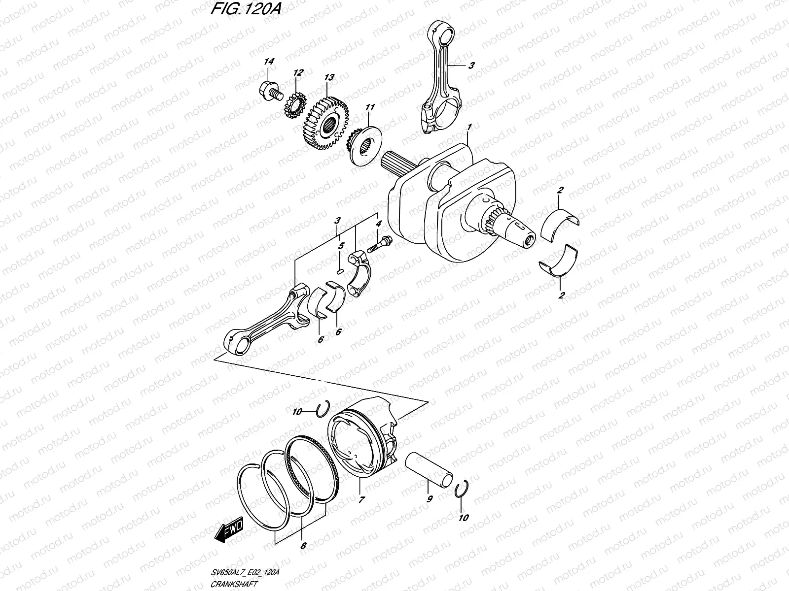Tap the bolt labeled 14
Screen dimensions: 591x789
[270, 90]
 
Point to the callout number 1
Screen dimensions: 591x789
[470, 128]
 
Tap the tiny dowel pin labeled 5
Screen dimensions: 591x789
[339, 270]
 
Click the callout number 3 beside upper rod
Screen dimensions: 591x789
[471, 66]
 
